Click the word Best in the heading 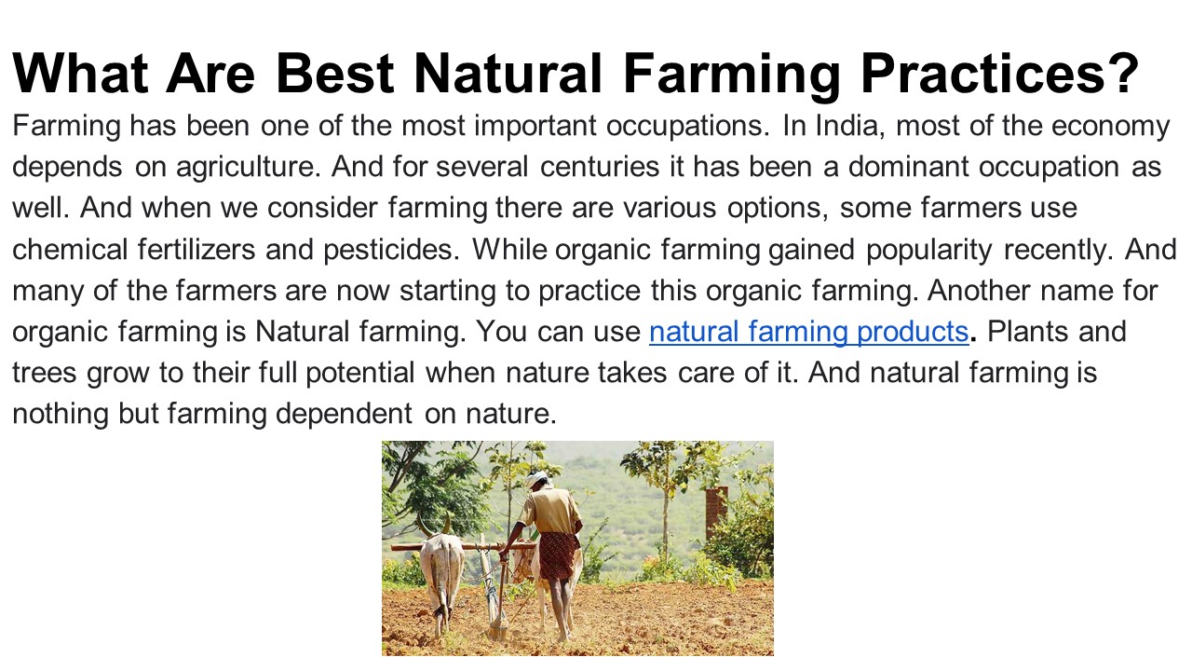[335, 74]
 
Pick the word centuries [600, 167]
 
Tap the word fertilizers [196, 249]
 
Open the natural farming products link [809, 333]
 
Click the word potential [360, 374]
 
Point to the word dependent [344, 415]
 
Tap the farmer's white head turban [536, 477]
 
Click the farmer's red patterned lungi [558, 555]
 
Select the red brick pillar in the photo [716, 512]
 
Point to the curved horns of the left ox [433, 525]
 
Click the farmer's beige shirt [553, 510]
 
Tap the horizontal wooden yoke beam [463, 547]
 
